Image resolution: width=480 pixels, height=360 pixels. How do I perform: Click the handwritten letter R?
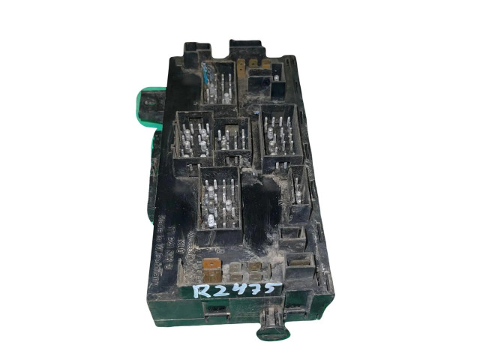pyautogui.click(x=199, y=289)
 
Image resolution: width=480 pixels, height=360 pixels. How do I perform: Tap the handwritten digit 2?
pyautogui.click(x=220, y=290)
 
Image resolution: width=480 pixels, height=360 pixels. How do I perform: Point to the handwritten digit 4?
pyautogui.click(x=239, y=289)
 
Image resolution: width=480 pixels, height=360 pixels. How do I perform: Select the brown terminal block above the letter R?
pyautogui.click(x=212, y=266)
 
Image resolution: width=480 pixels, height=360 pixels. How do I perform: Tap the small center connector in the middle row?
pyautogui.click(x=232, y=140)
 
